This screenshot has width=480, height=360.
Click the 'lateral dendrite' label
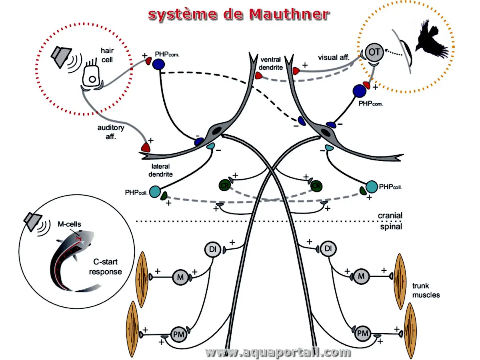(162, 170)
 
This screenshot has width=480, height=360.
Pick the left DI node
(212, 249)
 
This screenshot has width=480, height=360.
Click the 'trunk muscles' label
(426, 290)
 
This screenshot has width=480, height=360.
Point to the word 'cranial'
(390, 216)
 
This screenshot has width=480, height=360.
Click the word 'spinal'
(391, 227)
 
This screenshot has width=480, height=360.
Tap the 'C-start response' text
(106, 267)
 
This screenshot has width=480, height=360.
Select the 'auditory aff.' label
(111, 132)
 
